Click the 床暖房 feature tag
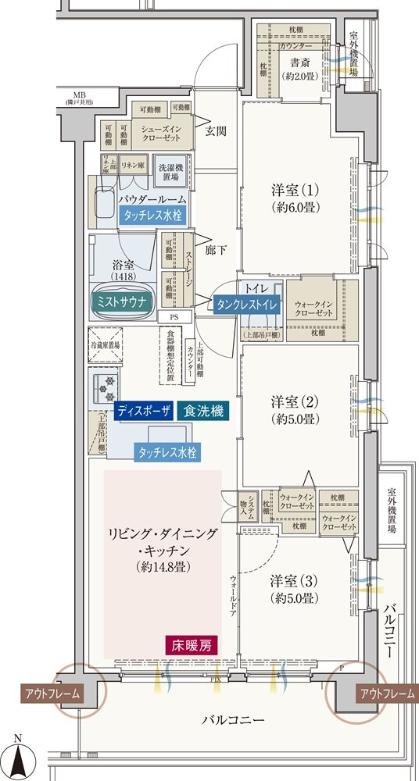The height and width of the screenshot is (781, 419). pyautogui.click(x=191, y=646)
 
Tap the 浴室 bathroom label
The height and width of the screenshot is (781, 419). pyautogui.click(x=123, y=267)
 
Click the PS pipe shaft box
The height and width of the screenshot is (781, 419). pyautogui.click(x=173, y=317)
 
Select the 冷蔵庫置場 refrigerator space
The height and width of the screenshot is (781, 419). pyautogui.click(x=106, y=345)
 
